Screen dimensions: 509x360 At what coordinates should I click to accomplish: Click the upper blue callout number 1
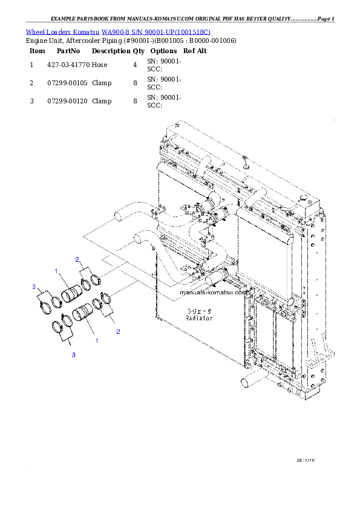[x=56, y=270]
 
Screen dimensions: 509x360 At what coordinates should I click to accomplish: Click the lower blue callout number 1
[x=96, y=341]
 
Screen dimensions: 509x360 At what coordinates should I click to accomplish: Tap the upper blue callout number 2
[x=77, y=259]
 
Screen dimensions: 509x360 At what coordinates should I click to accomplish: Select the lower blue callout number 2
[x=118, y=331]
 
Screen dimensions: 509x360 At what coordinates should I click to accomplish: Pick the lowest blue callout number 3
[x=73, y=355]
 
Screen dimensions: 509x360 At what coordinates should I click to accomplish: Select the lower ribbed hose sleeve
[x=82, y=314]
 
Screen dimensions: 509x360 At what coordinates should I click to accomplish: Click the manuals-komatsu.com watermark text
[x=214, y=292]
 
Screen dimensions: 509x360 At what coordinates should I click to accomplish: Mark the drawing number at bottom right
[x=307, y=460]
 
